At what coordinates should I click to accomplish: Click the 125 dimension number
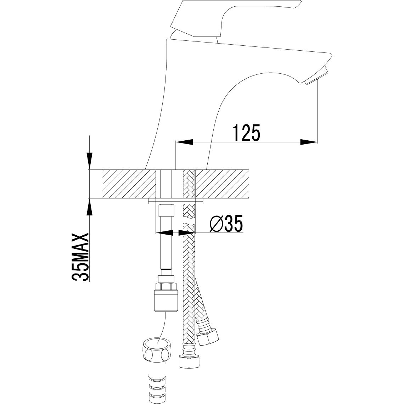246,133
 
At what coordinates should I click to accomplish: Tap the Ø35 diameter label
226,224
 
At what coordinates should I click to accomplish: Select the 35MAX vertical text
80,257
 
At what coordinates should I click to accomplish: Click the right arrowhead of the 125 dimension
308,142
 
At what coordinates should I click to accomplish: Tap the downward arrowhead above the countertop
89,161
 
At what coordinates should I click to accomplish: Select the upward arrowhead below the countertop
89,207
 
